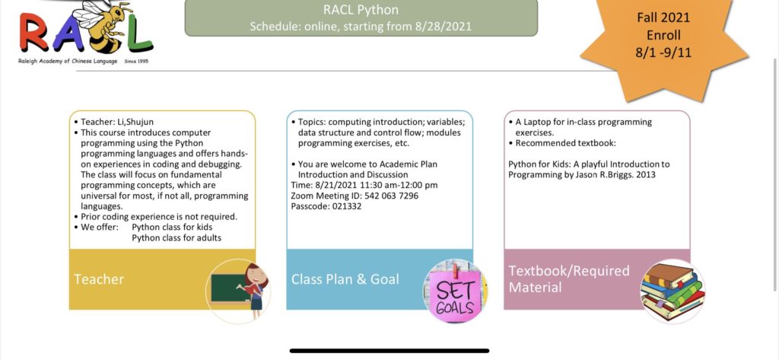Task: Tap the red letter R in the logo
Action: (35, 32)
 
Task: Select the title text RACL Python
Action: (361, 9)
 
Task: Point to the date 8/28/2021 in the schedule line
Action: (443, 26)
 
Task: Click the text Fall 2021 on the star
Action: (663, 18)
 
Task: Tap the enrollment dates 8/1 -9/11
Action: (663, 53)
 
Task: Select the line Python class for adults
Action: (176, 237)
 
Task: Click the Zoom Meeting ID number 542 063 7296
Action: (392, 196)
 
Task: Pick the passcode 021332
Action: (345, 206)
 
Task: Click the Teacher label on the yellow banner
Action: (99, 279)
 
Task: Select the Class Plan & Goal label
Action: (345, 279)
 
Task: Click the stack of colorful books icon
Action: (672, 292)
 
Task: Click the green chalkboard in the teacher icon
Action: (230, 288)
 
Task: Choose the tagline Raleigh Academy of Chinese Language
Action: (68, 61)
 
